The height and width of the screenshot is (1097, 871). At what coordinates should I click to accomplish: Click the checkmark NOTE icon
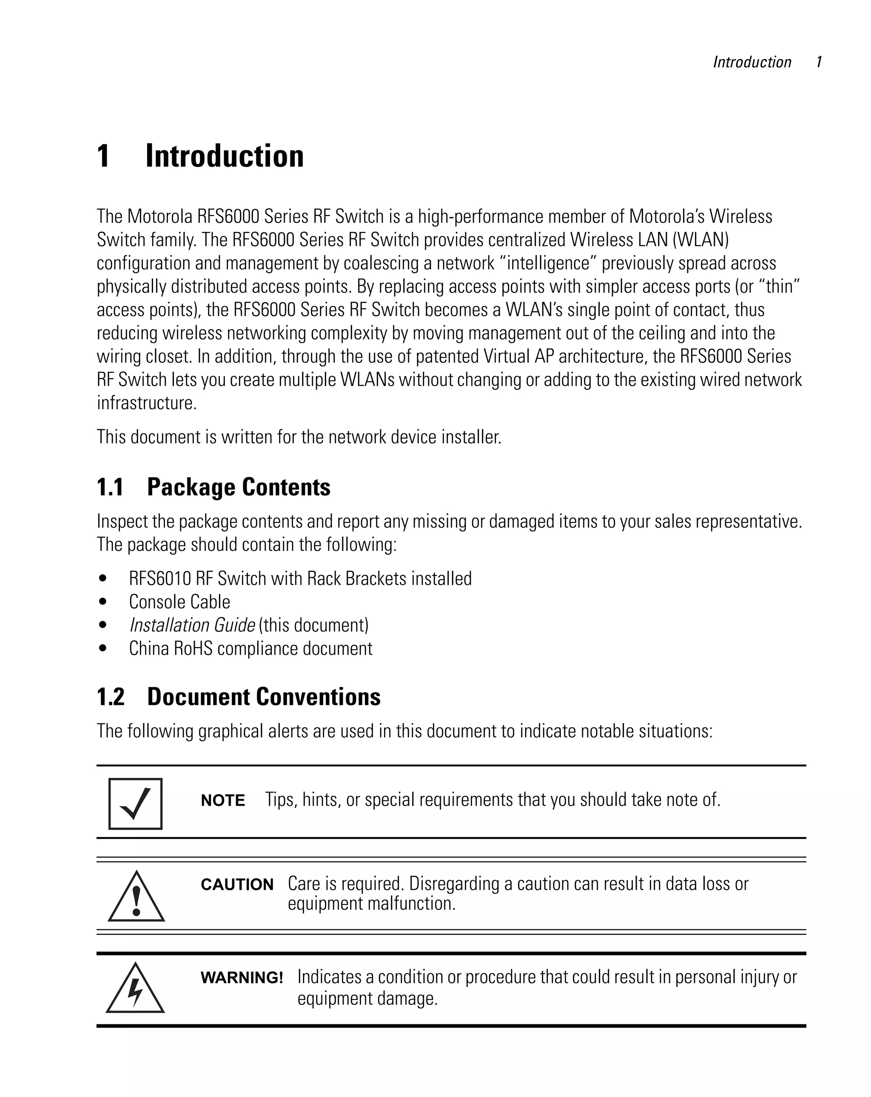pyautogui.click(x=135, y=804)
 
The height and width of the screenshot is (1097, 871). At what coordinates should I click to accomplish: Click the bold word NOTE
pyautogui.click(x=223, y=801)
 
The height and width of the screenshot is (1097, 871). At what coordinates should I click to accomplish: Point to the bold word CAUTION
pyautogui.click(x=237, y=885)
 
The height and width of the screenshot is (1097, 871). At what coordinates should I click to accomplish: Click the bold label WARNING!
pyautogui.click(x=242, y=977)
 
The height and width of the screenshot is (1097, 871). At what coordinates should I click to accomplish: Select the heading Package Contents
pyautogui.click(x=239, y=487)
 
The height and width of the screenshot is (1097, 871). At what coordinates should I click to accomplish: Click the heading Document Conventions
pyautogui.click(x=264, y=697)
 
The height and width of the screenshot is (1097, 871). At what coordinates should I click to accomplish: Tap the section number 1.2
pyautogui.click(x=111, y=697)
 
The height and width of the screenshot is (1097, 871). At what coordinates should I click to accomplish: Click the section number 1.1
pyautogui.click(x=110, y=487)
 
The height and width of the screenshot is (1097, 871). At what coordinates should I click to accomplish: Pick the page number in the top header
pyautogui.click(x=819, y=62)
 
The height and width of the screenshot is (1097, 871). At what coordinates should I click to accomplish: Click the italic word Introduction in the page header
pyautogui.click(x=752, y=62)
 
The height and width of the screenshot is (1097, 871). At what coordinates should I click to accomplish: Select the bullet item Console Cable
pyautogui.click(x=179, y=602)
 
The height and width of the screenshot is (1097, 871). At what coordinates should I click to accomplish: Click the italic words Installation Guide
pyautogui.click(x=192, y=625)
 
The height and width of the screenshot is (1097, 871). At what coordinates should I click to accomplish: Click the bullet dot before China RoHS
pyautogui.click(x=103, y=648)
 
